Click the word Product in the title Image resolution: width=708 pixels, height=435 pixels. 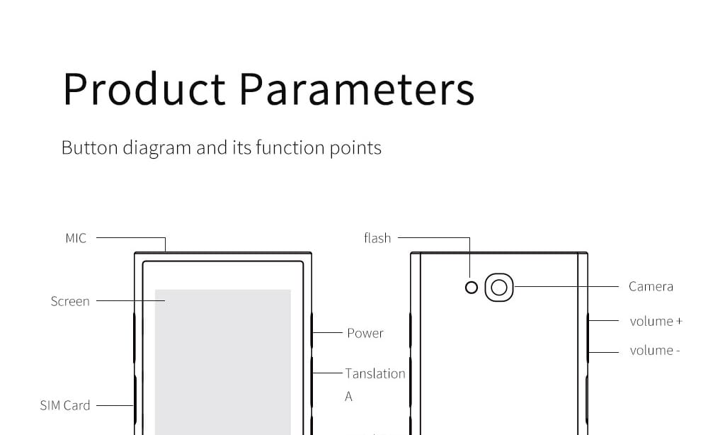coord(144,89)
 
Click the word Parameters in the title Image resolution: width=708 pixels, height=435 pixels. coord(357,89)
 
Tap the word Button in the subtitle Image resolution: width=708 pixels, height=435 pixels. coord(89,147)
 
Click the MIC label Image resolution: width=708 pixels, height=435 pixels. coord(76,238)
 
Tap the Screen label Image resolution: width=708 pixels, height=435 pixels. coord(70,301)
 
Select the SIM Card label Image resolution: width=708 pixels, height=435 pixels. coord(65,405)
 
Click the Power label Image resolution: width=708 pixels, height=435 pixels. coord(365,333)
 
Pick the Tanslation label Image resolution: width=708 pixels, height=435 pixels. coord(375,373)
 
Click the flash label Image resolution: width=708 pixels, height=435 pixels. coord(377,237)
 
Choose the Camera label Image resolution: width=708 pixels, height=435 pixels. coord(651,286)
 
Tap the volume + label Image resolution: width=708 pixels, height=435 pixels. coord(656,321)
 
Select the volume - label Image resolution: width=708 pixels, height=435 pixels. coord(655,350)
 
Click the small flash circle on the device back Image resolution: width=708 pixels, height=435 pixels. coord(472,288)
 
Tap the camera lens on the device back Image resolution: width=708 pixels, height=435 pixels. coord(499,288)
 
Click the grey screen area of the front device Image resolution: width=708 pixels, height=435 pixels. coord(222,362)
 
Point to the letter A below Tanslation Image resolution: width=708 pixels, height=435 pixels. coord(348,397)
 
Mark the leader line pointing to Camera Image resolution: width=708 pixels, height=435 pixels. coord(566,286)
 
